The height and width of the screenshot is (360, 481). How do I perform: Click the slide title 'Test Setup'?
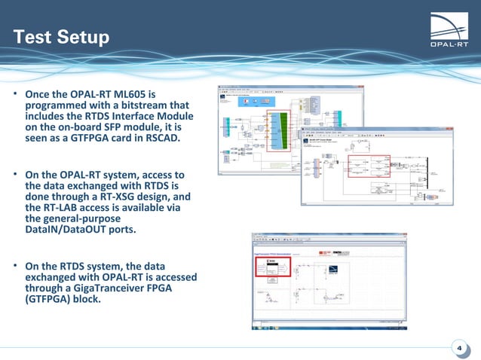pyautogui.click(x=61, y=37)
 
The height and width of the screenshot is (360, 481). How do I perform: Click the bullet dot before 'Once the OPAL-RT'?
pyautogui.click(x=14, y=95)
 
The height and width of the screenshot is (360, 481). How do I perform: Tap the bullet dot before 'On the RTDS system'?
pyautogui.click(x=14, y=266)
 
